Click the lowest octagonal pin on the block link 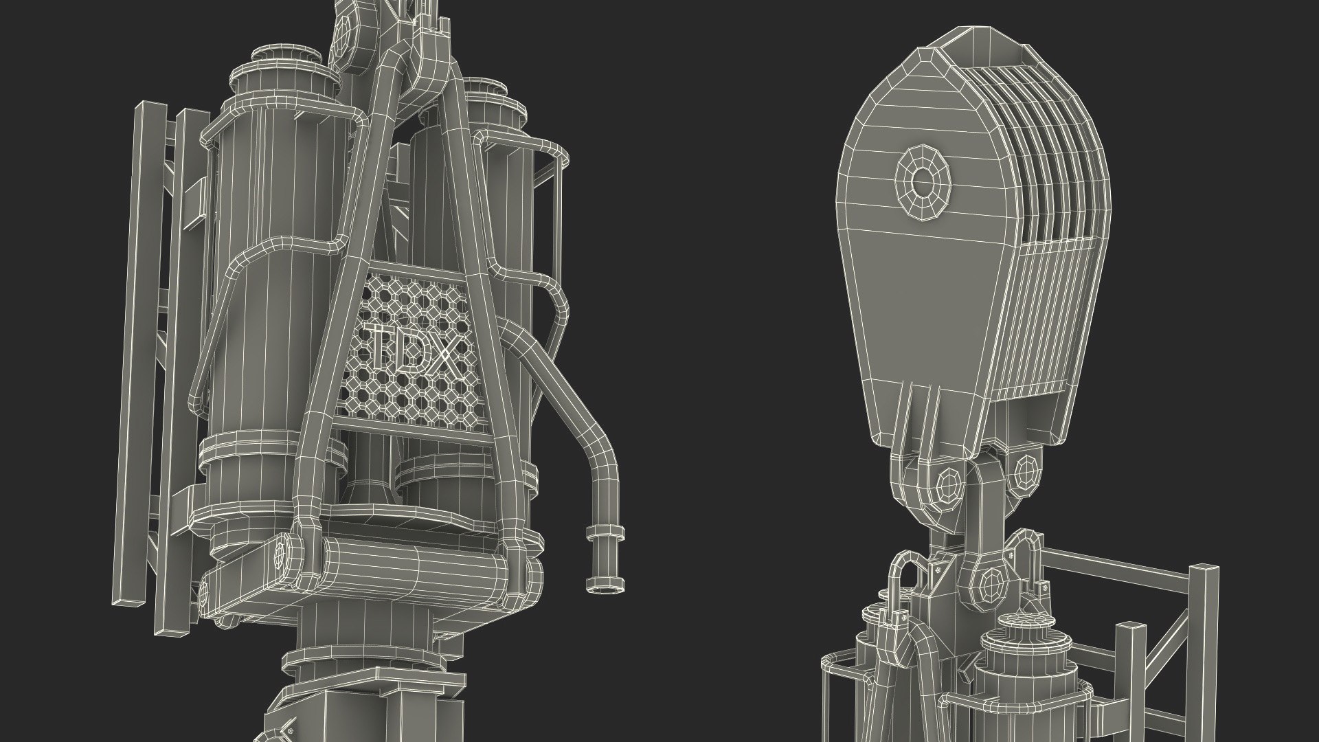991,585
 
